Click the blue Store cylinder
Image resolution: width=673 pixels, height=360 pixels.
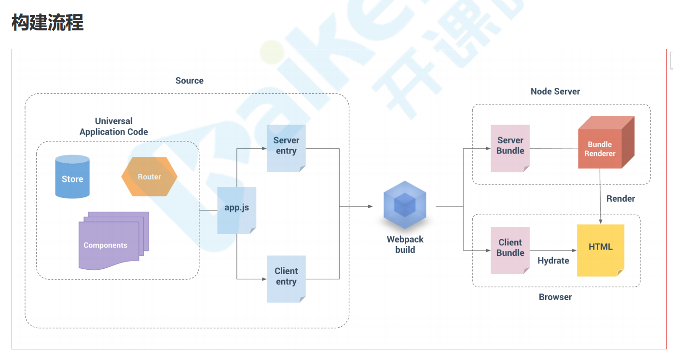[72, 177]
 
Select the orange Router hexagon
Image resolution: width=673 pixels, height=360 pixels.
[150, 177]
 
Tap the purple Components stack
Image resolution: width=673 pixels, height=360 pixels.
[113, 241]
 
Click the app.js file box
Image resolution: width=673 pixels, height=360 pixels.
[237, 210]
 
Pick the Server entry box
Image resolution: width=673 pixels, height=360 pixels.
[286, 149]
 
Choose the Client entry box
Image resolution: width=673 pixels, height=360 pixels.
[286, 279]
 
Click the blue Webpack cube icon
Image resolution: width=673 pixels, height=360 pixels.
[405, 205]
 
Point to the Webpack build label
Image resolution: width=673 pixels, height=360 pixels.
[405, 245]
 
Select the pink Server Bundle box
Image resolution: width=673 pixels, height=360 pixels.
[510, 149]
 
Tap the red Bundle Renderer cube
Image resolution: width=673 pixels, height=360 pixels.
[606, 142]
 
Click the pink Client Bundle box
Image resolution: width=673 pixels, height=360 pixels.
[510, 250]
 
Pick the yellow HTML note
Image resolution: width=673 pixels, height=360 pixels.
[601, 250]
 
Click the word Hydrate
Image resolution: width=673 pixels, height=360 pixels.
[553, 261]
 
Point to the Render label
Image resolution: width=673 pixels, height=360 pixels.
[620, 199]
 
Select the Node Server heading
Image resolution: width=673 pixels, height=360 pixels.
[555, 91]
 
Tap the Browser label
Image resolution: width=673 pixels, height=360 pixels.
[555, 297]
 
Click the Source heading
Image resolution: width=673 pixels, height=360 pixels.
[189, 81]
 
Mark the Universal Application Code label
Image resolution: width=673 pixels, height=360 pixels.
[113, 126]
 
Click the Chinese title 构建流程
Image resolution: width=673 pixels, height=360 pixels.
[47, 23]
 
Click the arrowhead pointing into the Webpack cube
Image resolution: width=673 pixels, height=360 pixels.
[371, 207]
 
